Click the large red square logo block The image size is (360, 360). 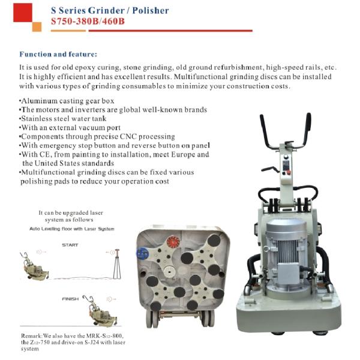(23, 13)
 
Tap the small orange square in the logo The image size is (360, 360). (37, 27)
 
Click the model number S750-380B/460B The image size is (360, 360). (88, 22)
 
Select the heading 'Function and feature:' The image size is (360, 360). (58, 54)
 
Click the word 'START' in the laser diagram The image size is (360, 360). (70, 245)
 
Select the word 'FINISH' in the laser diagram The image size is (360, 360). (70, 299)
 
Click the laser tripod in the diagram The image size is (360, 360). (117, 264)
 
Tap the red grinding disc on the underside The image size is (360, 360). (173, 242)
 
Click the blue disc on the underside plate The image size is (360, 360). (143, 253)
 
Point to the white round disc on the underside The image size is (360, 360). (170, 272)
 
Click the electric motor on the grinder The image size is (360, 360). (286, 255)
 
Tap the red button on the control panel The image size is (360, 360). (289, 172)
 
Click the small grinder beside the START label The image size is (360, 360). (34, 266)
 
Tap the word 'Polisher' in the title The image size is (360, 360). (151, 11)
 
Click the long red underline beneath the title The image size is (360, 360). (170, 31)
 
